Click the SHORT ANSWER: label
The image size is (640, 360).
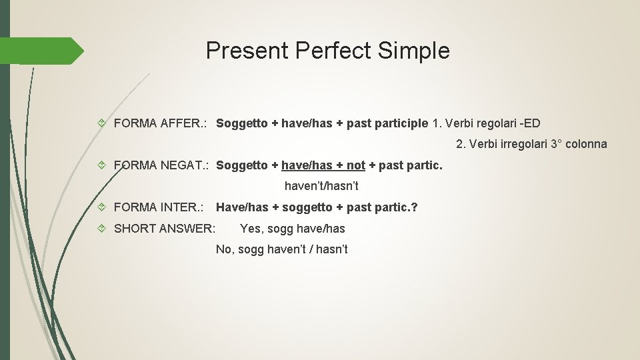point(165,229)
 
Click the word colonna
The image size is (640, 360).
point(586,143)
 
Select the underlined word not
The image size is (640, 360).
point(356,165)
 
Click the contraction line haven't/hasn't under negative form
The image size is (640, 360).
point(321,186)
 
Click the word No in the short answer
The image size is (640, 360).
point(223,249)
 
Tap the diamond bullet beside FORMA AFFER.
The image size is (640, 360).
point(101,123)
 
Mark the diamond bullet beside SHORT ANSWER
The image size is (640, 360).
point(101,229)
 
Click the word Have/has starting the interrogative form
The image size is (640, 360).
point(242,207)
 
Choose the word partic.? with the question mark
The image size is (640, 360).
point(398,207)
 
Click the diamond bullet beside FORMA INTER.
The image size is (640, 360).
point(101,207)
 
